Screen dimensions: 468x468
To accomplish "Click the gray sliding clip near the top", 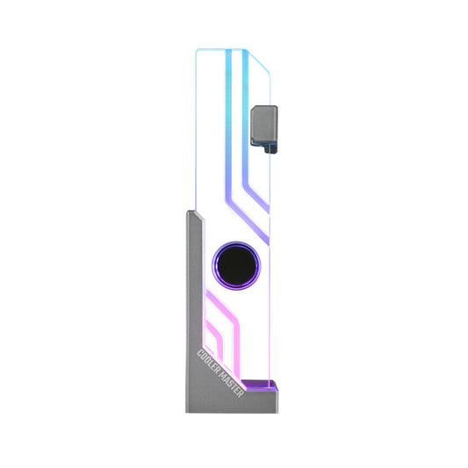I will [264, 122].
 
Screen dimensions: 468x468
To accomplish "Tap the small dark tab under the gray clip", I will [271, 147].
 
